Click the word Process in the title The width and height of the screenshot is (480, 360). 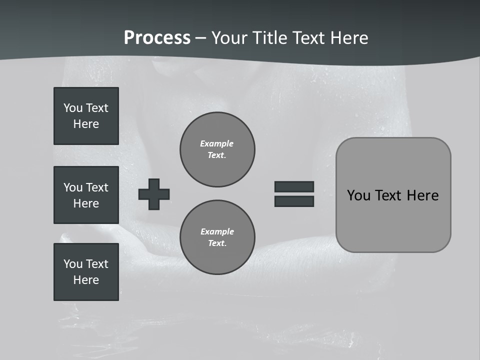point(157,38)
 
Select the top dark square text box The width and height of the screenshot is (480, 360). point(86,116)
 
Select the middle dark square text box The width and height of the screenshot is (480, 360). point(86,195)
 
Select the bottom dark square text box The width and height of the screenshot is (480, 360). point(86,272)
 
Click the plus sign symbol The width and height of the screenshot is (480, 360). point(154,194)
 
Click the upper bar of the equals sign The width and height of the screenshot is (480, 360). point(294,186)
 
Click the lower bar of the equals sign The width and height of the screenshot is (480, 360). point(294,201)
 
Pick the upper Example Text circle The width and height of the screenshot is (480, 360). point(217,149)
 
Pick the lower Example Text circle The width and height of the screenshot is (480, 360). point(217,237)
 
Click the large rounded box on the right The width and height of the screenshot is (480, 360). point(393,195)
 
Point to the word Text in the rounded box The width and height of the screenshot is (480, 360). point(390,195)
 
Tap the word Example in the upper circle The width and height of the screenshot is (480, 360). point(217,143)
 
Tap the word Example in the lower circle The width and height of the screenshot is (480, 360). point(217,231)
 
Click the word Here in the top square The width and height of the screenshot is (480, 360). point(86,124)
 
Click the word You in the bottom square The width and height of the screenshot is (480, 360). point(73,264)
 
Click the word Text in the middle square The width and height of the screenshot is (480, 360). point(96,187)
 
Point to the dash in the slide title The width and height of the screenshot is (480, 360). point(200,38)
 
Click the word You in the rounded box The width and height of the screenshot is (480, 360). point(358,195)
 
